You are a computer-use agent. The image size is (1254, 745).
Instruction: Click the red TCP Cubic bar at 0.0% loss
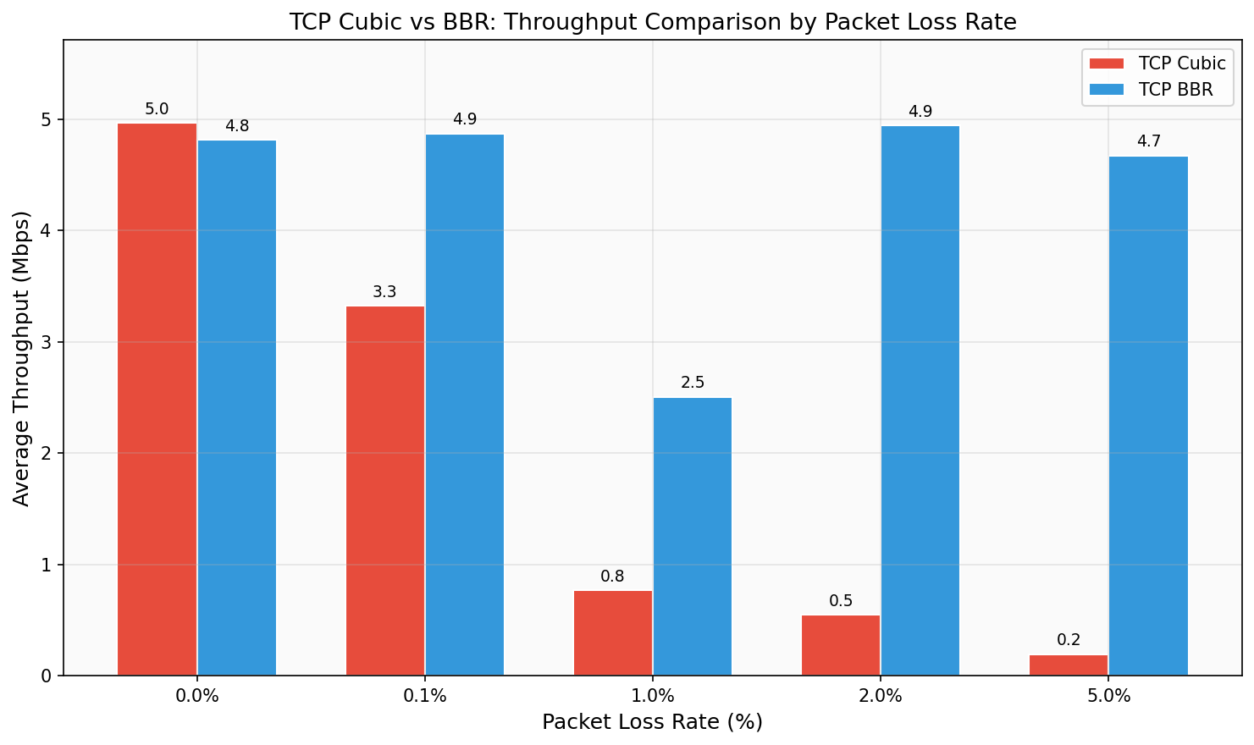[x=157, y=400]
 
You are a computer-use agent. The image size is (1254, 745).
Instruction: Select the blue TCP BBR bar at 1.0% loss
[x=693, y=537]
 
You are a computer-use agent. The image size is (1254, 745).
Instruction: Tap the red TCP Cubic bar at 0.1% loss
[x=385, y=491]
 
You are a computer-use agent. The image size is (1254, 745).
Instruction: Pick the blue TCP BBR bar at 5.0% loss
[x=1148, y=416]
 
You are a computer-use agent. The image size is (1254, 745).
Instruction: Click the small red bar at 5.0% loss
[x=1069, y=665]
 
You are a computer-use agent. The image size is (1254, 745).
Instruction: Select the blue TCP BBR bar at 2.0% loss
[x=920, y=400]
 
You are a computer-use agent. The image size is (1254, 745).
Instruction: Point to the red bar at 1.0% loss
[x=613, y=633]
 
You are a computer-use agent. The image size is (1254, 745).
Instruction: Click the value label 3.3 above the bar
[x=385, y=292]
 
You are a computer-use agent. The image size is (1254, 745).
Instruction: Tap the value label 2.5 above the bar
[x=693, y=383]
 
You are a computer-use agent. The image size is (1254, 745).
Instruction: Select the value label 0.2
[x=1069, y=640]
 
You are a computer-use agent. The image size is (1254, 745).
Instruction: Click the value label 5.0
[x=157, y=109]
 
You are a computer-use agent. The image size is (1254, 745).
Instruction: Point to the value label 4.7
[x=1148, y=141]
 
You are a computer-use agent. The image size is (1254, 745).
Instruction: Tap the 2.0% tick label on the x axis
[x=881, y=697]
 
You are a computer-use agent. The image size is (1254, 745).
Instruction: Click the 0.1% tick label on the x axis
[x=425, y=697]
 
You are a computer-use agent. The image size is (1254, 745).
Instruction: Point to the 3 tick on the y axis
[x=46, y=342]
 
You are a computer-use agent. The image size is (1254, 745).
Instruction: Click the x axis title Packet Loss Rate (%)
[x=652, y=722]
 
